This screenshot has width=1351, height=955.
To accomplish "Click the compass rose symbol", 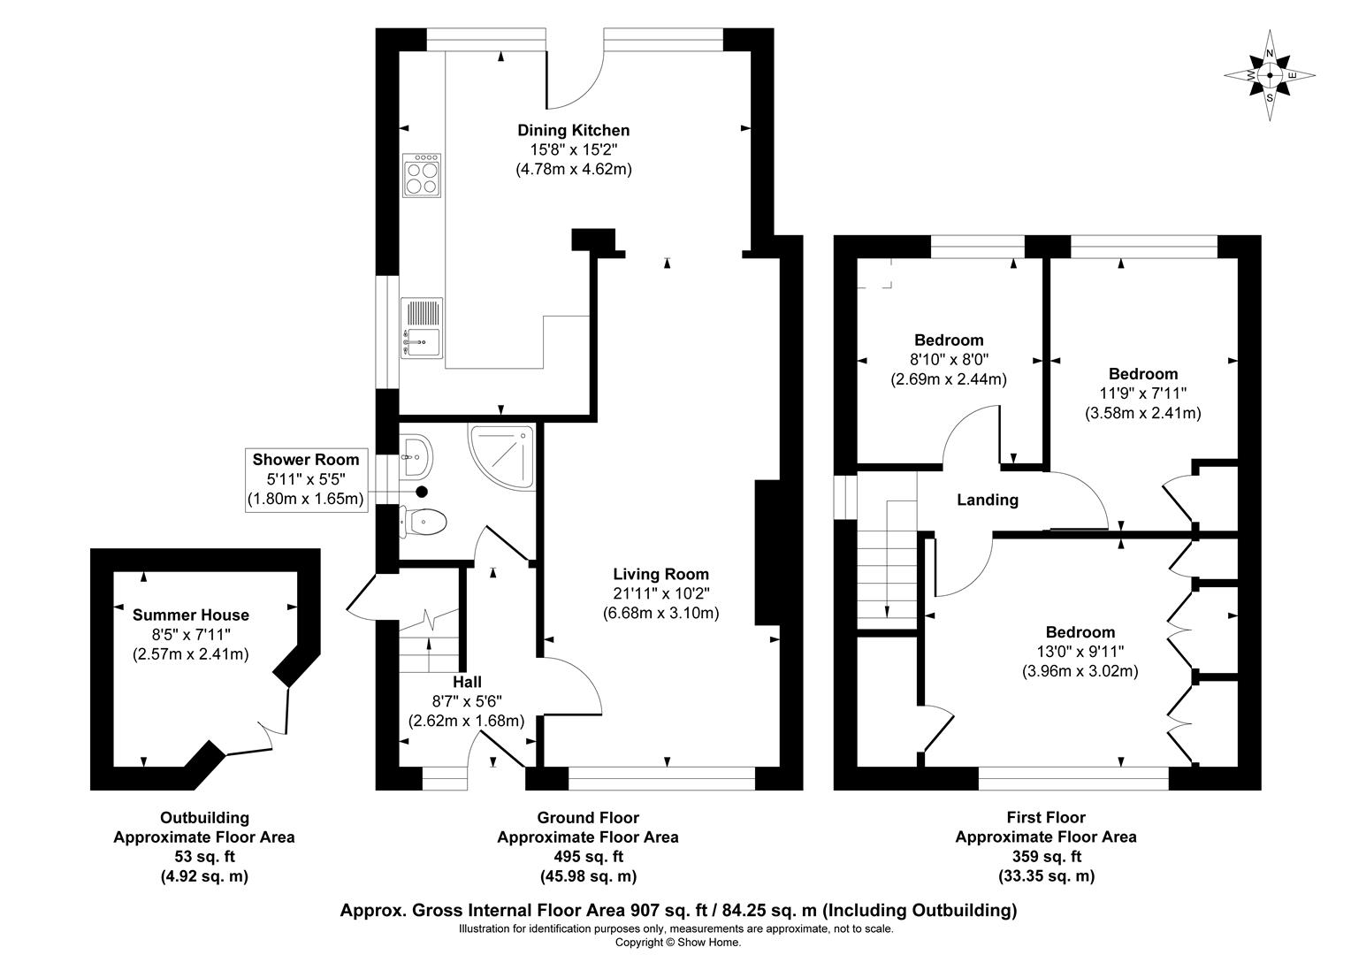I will click(x=1270, y=76).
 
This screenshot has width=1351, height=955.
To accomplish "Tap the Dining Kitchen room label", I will click(x=574, y=130).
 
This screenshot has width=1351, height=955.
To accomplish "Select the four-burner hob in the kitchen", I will click(x=422, y=175).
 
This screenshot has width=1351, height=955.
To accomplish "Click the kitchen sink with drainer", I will click(x=422, y=327).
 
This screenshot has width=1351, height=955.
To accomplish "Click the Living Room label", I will click(x=661, y=575).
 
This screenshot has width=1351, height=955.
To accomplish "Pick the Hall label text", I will click(x=467, y=682).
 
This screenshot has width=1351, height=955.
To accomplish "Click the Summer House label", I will click(x=191, y=615).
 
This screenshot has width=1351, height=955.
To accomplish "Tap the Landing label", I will click(x=988, y=500).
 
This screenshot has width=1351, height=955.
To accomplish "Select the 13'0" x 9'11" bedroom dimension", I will click(x=1080, y=652).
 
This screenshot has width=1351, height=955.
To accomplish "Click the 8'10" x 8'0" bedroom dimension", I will click(x=949, y=360).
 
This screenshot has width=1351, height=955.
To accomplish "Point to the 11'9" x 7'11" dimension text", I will click(x=1143, y=393).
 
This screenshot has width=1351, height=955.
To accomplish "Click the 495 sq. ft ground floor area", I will click(x=588, y=857).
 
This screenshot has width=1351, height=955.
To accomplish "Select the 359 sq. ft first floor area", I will click(x=1046, y=857).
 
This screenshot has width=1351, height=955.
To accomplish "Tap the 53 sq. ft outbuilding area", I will click(x=204, y=857).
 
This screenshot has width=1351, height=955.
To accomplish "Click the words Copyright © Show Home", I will click(x=677, y=943).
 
